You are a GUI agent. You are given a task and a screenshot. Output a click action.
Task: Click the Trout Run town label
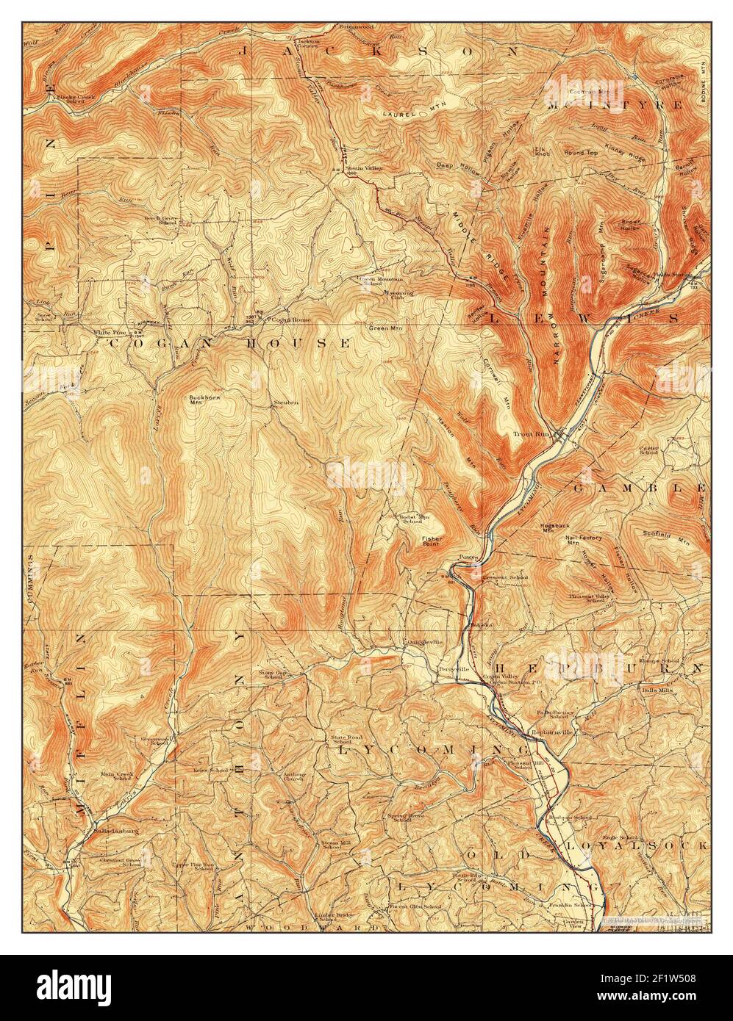531,434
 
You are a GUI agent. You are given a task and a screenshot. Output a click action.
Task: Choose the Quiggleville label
425,641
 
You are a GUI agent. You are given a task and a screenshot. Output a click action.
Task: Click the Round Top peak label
581,153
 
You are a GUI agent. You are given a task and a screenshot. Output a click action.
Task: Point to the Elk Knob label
543,152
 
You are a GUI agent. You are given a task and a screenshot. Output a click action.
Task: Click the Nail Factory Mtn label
584,541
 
